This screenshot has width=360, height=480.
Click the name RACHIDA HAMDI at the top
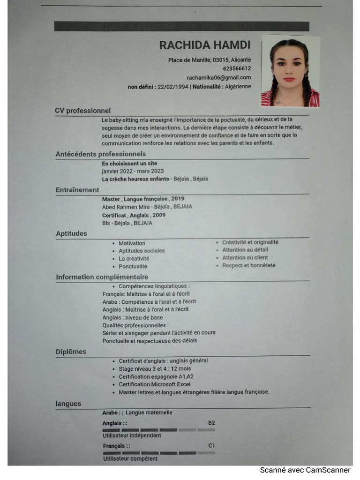[x=205, y=45]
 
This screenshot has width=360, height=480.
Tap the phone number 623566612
[x=237, y=68]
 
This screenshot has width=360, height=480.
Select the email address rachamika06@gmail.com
[x=219, y=77]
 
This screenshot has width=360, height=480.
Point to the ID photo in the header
[x=290, y=71]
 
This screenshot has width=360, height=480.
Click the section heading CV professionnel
[x=83, y=111]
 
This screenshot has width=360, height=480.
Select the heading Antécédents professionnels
[x=101, y=154]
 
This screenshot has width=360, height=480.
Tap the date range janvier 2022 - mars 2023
[x=133, y=171]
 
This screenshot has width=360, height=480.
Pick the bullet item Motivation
[x=132, y=243]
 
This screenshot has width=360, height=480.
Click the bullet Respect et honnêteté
[x=248, y=265]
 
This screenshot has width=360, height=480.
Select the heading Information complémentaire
[x=102, y=277]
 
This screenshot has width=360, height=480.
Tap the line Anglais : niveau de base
[x=133, y=317]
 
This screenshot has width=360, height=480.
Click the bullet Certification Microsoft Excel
[x=154, y=384]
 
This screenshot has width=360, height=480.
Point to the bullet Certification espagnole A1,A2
[x=156, y=376]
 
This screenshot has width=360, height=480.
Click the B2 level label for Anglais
[x=211, y=423]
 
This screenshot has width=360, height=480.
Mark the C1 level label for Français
[x=211, y=446]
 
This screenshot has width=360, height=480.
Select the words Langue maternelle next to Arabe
[x=149, y=412]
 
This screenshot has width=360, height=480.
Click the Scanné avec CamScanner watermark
[x=305, y=470]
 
